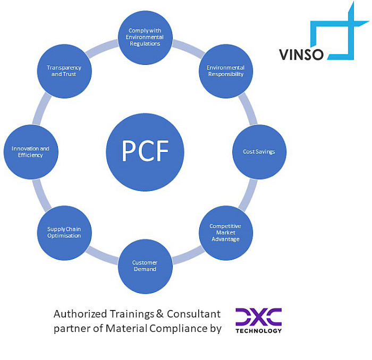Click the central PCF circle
coord(145,152)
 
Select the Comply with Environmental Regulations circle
coord(145,38)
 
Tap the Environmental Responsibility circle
coord(225,71)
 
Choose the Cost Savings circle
coord(259,152)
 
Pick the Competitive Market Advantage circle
coord(225,233)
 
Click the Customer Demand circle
coord(145,266)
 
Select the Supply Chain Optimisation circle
coord(64,233)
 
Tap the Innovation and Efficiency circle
coord(31,152)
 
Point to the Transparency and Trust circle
coord(64,71)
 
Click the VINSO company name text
coord(301,54)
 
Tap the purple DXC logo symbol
coord(259,317)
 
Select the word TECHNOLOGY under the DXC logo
coord(259,331)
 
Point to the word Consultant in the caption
coord(193,314)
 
